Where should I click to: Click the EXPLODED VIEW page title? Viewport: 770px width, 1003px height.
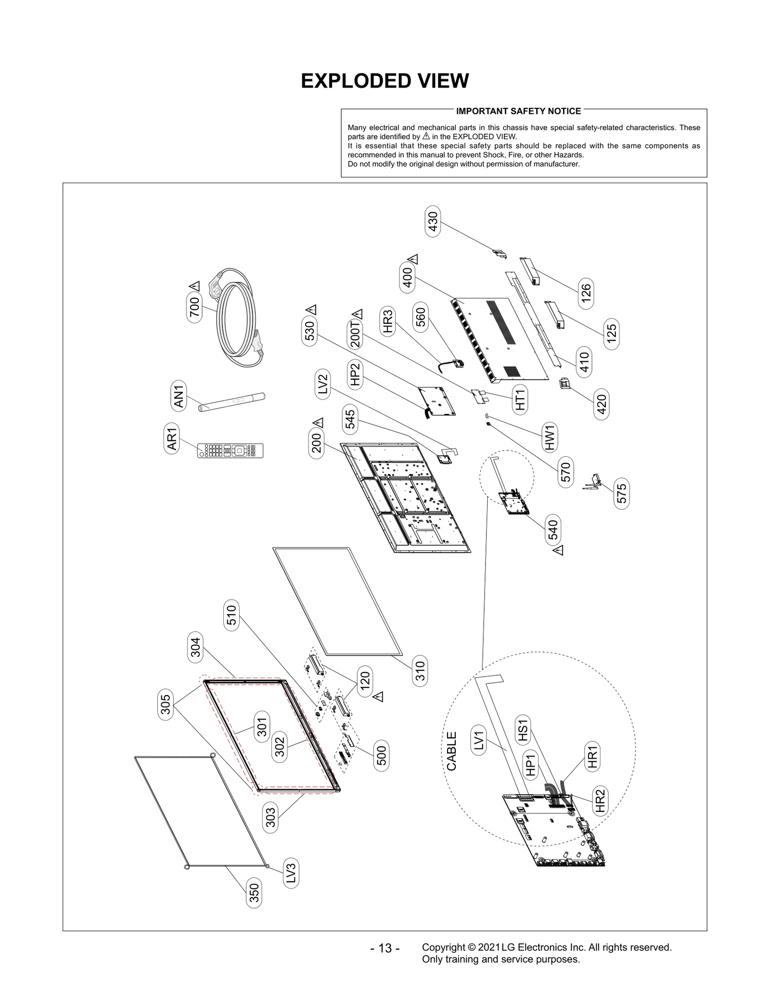coord(385,81)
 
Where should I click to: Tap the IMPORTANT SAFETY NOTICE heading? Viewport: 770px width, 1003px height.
coord(518,111)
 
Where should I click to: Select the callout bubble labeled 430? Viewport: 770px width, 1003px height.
coord(433,221)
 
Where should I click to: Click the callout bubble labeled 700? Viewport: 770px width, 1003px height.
coord(194,307)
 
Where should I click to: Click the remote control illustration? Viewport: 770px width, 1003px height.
coord(230,450)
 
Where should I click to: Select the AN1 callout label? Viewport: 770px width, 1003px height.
coord(179,395)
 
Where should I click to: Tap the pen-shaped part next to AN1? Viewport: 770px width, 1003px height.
coord(231,401)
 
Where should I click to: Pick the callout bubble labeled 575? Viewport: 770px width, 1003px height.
coord(621,493)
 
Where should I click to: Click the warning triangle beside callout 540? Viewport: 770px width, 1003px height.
coord(558,550)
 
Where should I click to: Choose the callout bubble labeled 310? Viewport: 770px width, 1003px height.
coord(420,670)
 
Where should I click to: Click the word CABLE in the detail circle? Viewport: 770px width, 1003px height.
coord(451,751)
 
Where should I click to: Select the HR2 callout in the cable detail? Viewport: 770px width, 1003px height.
coord(600,801)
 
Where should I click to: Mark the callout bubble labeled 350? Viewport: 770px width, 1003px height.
coord(254,893)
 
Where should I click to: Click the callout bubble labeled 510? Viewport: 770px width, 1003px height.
coord(231,615)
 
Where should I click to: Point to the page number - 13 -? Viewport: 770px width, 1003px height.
coord(385,948)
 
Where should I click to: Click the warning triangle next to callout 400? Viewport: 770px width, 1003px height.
coord(414,259)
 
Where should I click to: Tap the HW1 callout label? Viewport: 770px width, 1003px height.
coord(550,437)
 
